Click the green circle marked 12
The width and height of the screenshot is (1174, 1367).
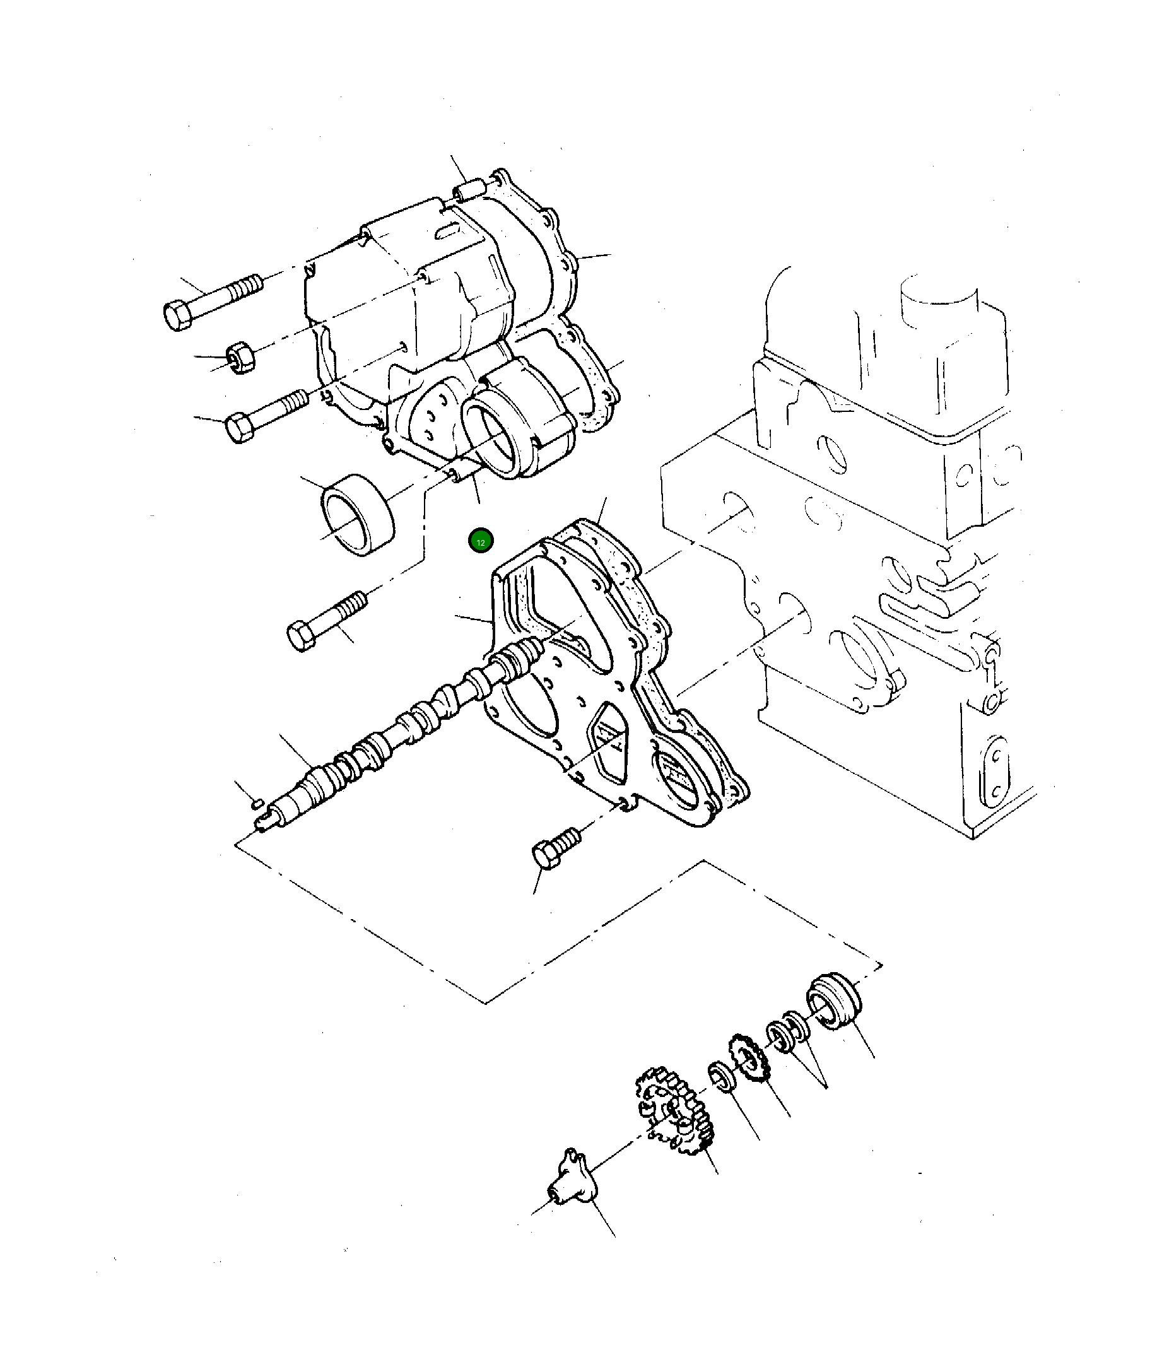481,542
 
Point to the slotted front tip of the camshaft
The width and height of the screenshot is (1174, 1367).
264,823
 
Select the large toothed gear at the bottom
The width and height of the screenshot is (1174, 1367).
673,1115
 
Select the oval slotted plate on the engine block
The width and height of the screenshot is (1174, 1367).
996,772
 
